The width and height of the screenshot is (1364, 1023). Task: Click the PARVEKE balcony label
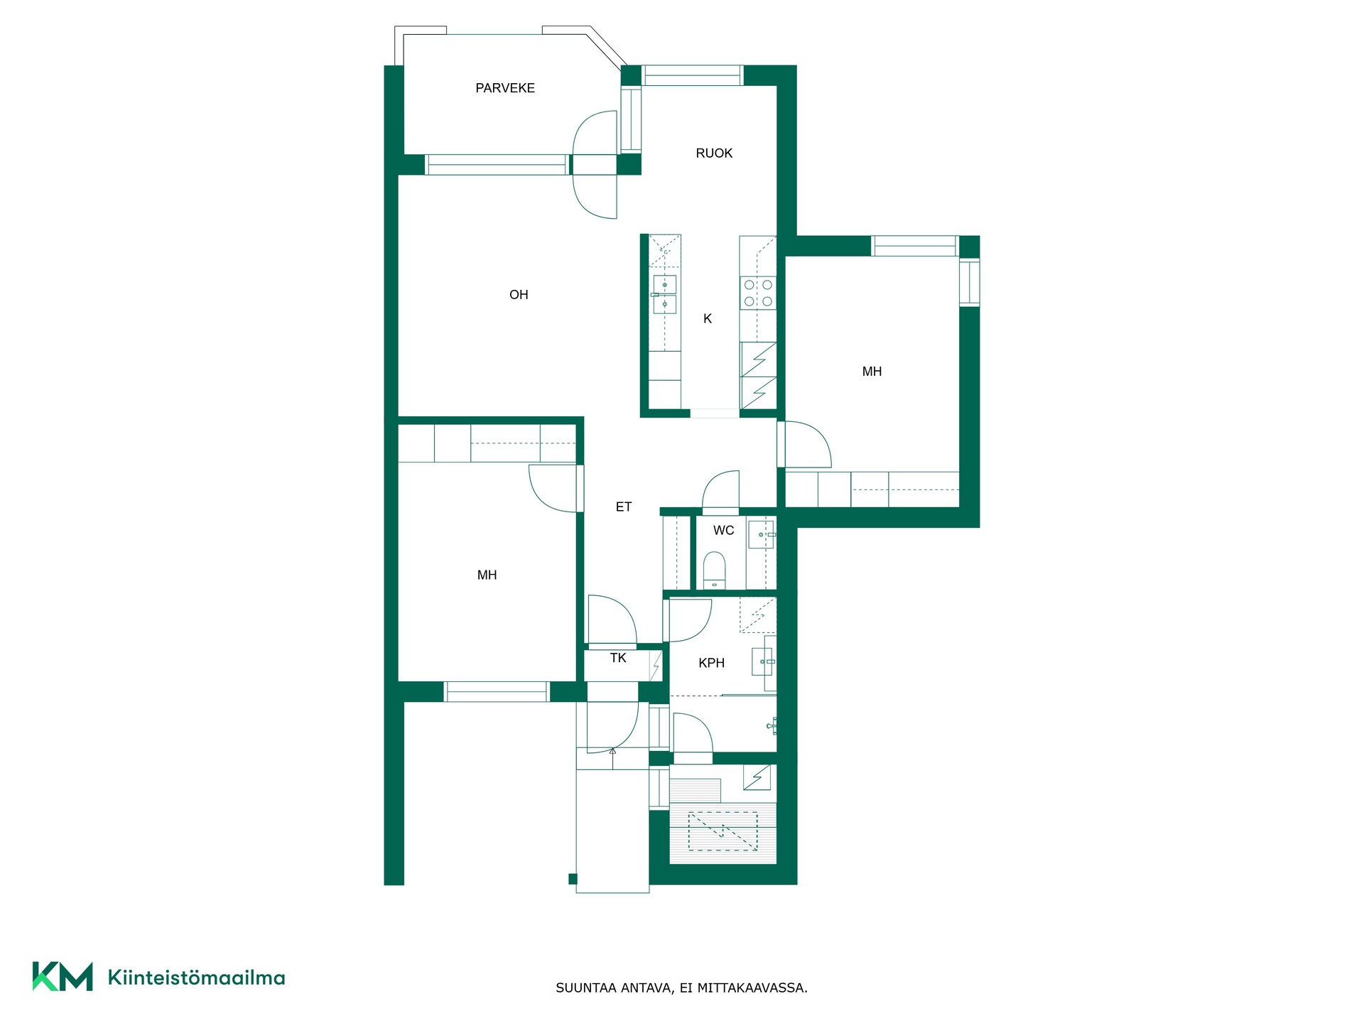coord(505,88)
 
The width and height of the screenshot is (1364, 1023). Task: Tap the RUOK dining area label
coord(714,153)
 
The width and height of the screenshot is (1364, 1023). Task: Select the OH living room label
coord(519,295)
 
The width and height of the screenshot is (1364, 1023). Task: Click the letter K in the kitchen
coord(708,319)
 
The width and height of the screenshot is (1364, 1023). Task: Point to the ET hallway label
coord(624,507)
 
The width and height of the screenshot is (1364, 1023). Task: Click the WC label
coord(724,531)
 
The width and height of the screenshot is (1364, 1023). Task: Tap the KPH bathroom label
coord(711,664)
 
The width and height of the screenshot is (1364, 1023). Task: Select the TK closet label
coord(618,659)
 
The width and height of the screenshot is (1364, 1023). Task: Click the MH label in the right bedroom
coord(872,372)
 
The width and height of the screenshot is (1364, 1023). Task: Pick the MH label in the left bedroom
coord(487,575)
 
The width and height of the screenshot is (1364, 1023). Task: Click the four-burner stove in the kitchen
coord(758,293)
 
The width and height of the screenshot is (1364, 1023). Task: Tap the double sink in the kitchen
coord(664,294)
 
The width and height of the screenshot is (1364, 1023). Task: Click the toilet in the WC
coord(714,570)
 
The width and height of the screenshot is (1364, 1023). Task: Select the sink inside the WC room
coord(762,534)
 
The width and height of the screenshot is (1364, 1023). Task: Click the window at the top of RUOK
coord(693,75)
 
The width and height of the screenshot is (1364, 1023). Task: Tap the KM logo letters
coord(63,976)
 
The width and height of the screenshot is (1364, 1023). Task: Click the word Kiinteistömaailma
coord(196,978)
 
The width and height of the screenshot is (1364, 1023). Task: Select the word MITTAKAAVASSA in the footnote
coord(752,988)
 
